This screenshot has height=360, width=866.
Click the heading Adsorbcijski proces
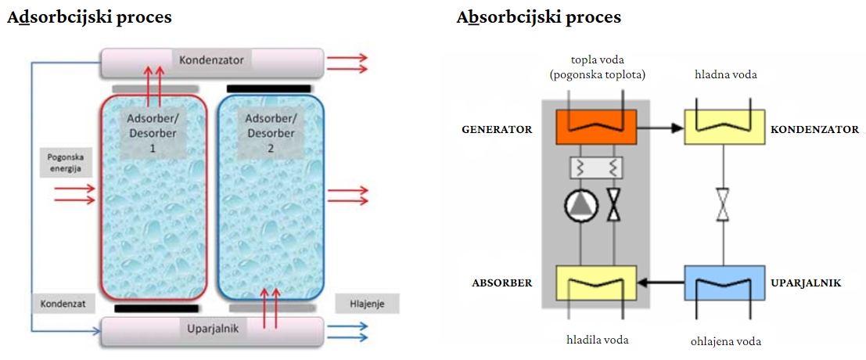(89, 18)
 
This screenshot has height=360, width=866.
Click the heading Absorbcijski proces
(539, 18)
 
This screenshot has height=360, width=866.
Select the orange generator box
(596, 127)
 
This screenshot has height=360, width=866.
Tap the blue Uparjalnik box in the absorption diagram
(724, 283)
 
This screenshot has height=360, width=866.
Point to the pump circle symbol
(577, 207)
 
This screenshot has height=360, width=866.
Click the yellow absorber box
(596, 283)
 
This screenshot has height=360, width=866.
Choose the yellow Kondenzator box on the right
(724, 127)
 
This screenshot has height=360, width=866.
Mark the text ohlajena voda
(726, 341)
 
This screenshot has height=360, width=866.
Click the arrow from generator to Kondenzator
(660, 128)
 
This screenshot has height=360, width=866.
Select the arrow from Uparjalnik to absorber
(660, 283)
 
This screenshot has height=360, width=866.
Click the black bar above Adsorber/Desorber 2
(268, 88)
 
